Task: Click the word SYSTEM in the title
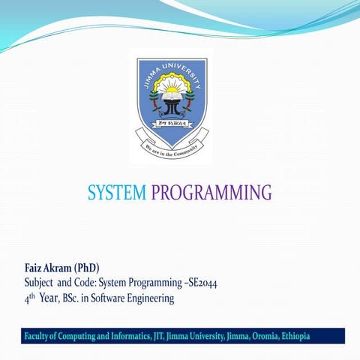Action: [x=117, y=193]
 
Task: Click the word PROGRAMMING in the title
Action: [x=211, y=193]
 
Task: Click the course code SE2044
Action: [x=199, y=283]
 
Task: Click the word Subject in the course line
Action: [x=40, y=283]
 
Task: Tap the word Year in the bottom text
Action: [x=49, y=298]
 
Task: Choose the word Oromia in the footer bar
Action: [x=259, y=336]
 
